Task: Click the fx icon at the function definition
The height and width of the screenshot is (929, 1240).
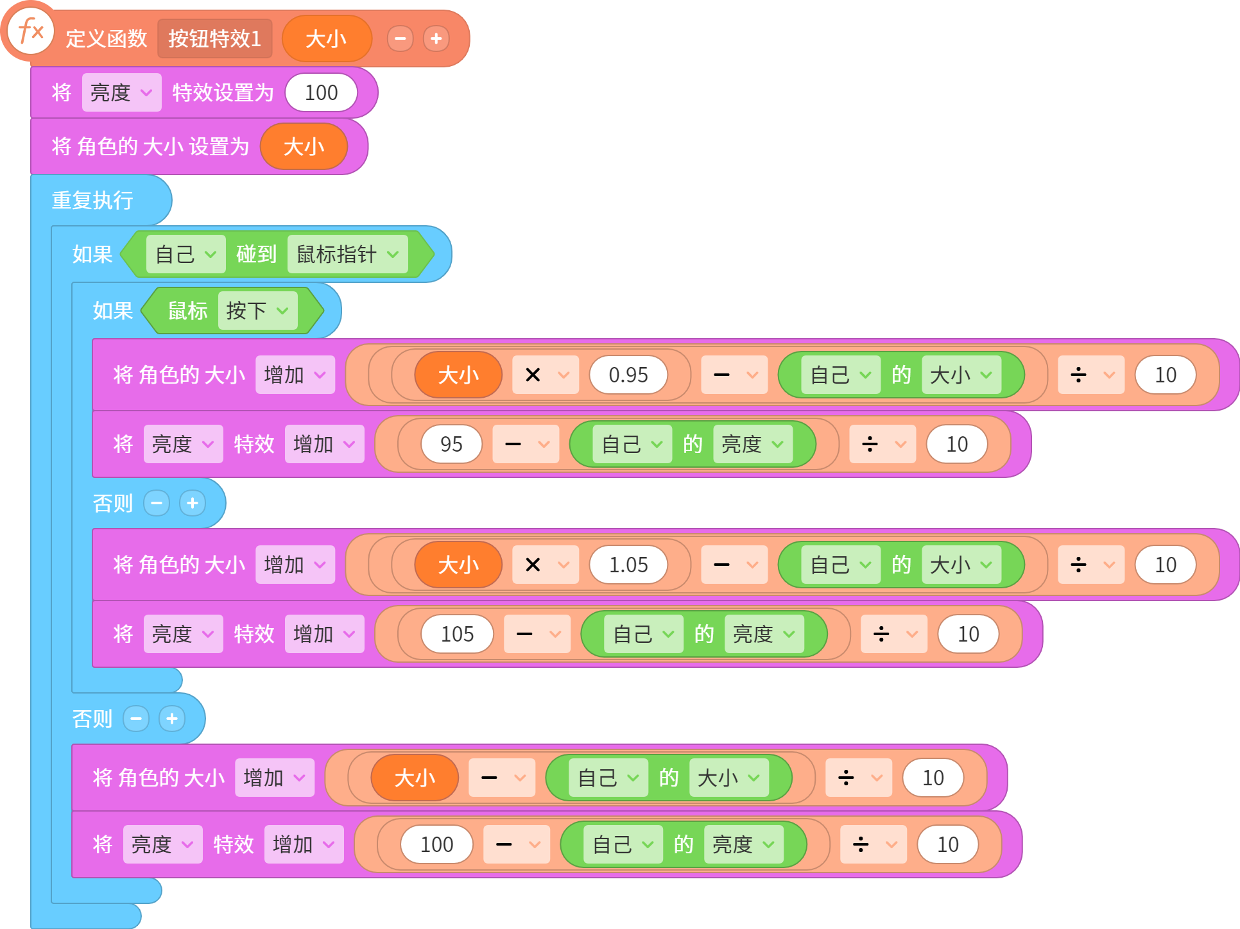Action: coord(30,31)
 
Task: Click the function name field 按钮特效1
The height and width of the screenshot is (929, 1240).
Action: coord(215,38)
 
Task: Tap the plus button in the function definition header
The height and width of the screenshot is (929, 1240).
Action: coord(436,38)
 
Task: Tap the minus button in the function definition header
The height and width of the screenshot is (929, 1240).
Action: coord(400,38)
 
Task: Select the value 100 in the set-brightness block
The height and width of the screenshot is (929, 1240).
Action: coord(321,92)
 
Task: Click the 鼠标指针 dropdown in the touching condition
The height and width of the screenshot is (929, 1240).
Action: coord(347,254)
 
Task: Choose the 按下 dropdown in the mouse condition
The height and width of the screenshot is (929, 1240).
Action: coord(257,311)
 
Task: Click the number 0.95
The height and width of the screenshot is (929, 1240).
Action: coord(628,375)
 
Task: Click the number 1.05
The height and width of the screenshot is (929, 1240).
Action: coord(628,565)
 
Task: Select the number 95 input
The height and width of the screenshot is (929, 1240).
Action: coord(451,444)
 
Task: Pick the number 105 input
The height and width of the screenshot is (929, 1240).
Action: coord(457,634)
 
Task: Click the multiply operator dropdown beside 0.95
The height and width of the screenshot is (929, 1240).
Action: coord(546,375)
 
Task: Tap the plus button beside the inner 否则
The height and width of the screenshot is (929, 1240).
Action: coord(193,503)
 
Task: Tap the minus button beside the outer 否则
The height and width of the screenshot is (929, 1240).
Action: coord(136,719)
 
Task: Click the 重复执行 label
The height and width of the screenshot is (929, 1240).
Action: coord(92,200)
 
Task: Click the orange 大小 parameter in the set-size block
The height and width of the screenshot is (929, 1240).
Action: coord(304,146)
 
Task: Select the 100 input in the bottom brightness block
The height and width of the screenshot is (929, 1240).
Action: coord(436,844)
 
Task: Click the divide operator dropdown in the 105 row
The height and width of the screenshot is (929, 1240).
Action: coord(894,634)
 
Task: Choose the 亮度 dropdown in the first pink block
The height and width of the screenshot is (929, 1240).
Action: coord(121,92)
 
